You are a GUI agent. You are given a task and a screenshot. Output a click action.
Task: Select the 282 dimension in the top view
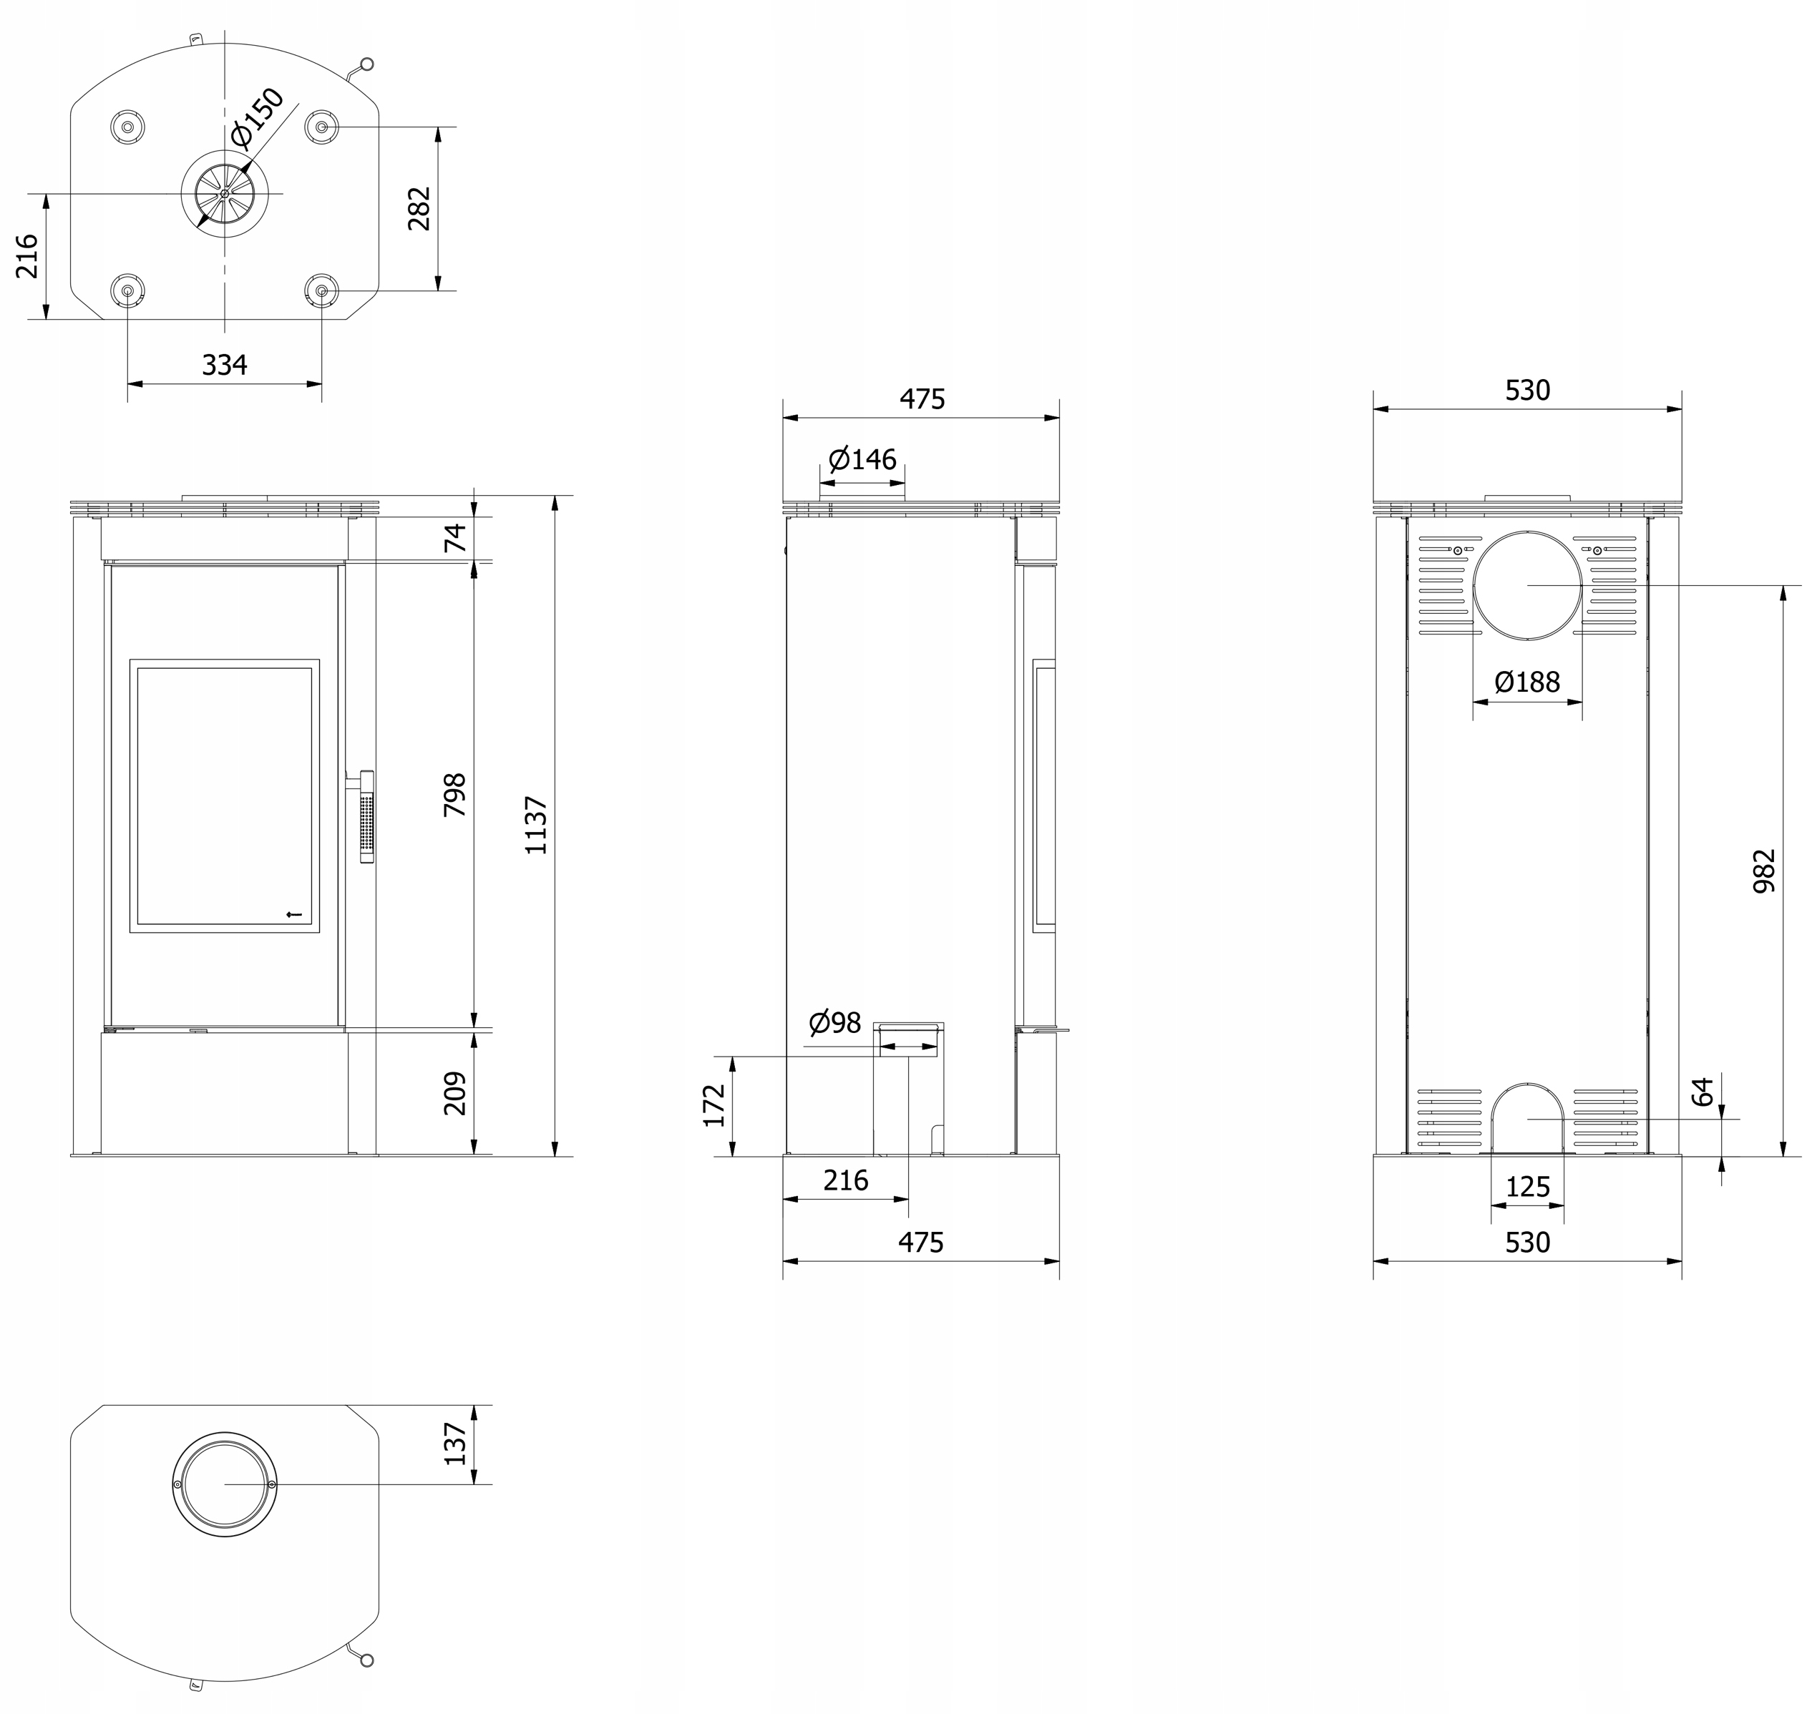(x=419, y=208)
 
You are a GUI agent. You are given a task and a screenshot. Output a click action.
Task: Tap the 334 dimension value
(x=225, y=365)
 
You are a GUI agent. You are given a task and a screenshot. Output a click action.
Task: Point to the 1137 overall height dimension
(x=537, y=825)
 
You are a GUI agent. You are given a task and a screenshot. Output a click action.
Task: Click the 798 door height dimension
(x=454, y=794)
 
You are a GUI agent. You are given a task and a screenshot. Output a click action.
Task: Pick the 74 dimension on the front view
(x=454, y=537)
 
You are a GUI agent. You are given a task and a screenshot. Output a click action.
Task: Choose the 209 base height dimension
(x=454, y=1093)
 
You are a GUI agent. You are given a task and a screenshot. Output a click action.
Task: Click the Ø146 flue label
(x=862, y=458)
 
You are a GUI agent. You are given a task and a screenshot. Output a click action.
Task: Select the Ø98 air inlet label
(x=835, y=1022)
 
